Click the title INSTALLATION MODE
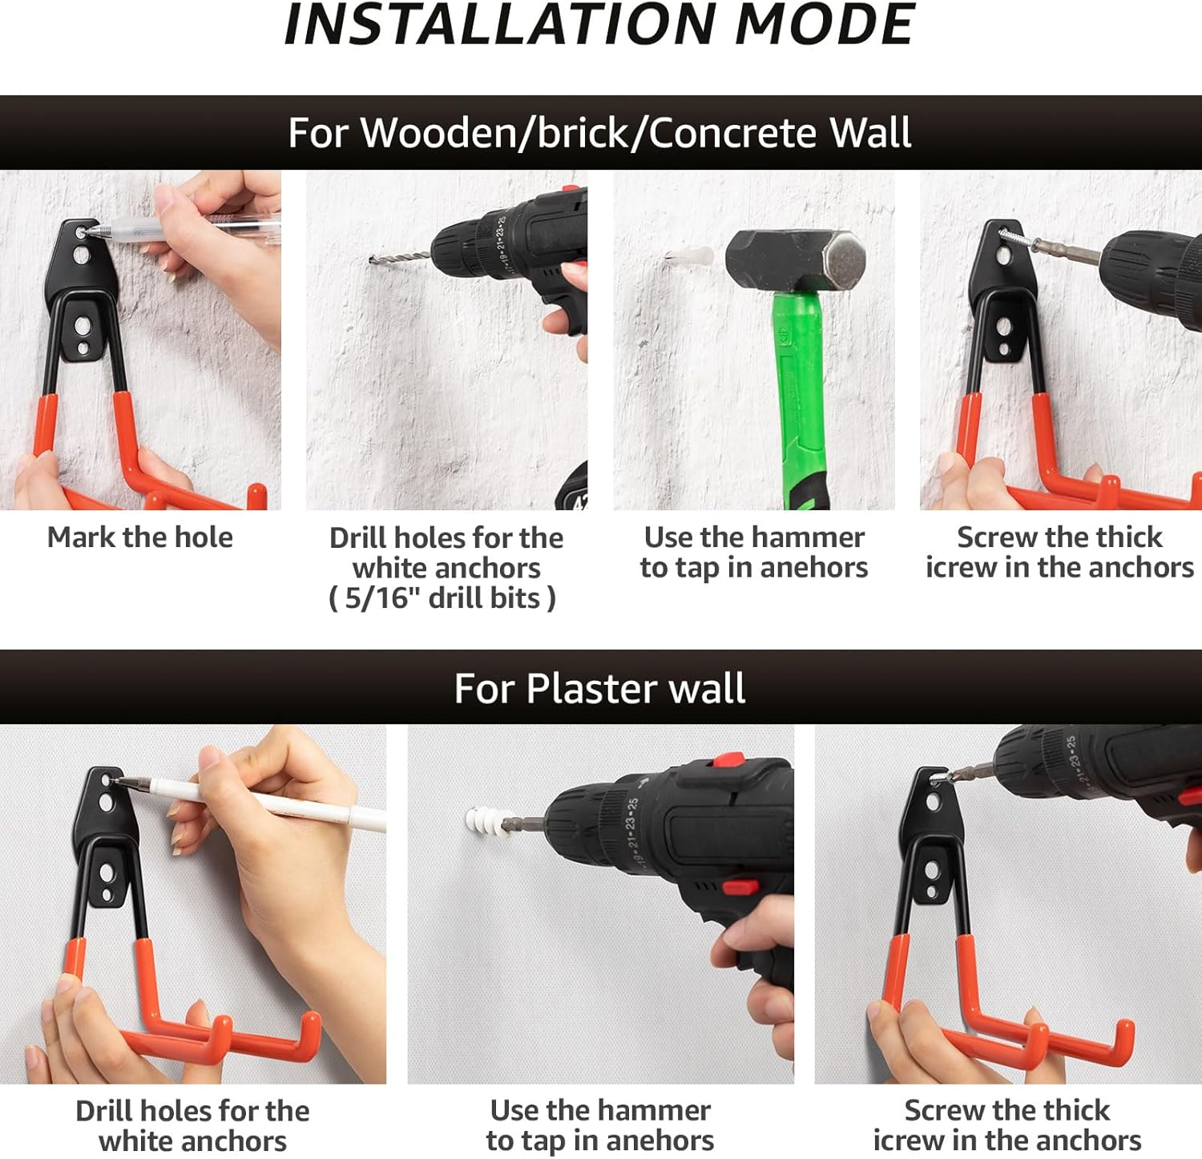click(x=599, y=25)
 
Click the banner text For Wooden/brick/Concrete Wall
click(x=599, y=133)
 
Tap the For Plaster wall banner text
click(x=599, y=688)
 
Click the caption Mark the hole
click(x=140, y=537)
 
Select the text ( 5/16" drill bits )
click(x=442, y=598)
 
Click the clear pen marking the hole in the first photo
click(x=184, y=230)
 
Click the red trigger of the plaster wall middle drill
click(x=739, y=887)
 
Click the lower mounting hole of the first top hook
click(x=82, y=326)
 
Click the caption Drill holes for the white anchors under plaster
click(x=192, y=1125)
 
